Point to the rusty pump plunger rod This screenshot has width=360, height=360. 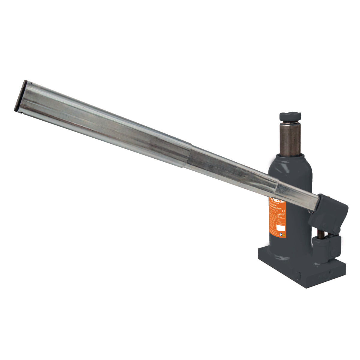pos(319,234)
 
